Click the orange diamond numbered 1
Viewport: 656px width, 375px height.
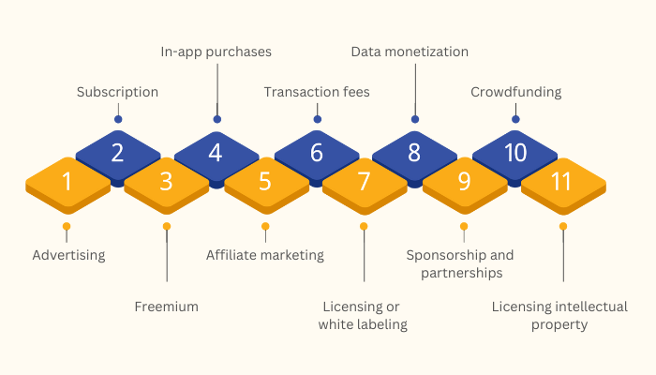tap(67, 185)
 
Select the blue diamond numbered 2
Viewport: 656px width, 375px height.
tap(118, 156)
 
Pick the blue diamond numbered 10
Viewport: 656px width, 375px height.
tap(515, 156)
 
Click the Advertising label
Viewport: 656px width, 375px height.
tap(69, 255)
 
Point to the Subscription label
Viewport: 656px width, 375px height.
tap(117, 93)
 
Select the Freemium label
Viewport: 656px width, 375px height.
tap(167, 307)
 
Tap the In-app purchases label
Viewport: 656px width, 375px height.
tap(216, 52)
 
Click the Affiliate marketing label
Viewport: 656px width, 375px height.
tap(265, 255)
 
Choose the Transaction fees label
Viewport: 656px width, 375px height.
tap(317, 92)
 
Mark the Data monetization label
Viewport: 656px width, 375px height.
tap(410, 52)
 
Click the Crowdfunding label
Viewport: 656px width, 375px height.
tap(515, 93)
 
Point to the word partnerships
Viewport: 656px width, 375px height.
tap(462, 274)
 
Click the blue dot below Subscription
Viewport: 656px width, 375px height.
tap(118, 119)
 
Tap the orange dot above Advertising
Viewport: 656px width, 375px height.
tap(67, 227)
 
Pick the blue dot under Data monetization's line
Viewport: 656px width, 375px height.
tap(415, 119)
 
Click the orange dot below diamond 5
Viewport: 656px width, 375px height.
tap(265, 227)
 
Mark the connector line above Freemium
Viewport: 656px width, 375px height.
tap(167, 256)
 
